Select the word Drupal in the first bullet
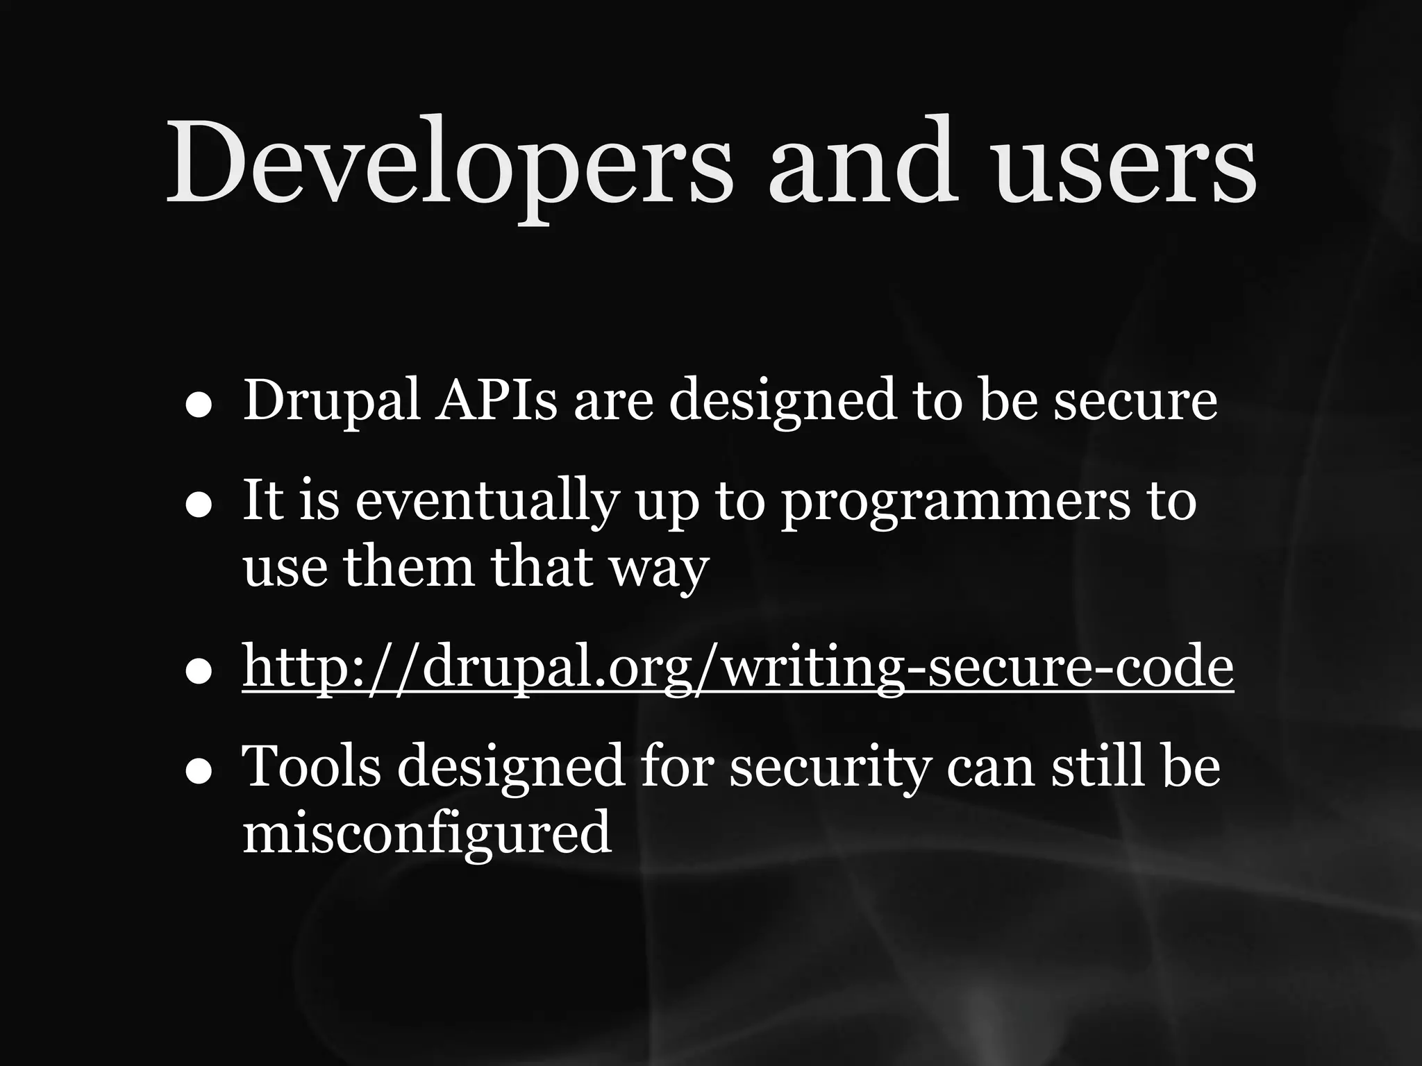point(331,401)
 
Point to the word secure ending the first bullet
point(1135,401)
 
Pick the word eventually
point(486,501)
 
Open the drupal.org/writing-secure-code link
point(737,667)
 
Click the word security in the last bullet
point(829,768)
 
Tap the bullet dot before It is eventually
point(199,507)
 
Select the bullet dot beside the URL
point(199,672)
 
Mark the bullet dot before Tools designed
point(199,772)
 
